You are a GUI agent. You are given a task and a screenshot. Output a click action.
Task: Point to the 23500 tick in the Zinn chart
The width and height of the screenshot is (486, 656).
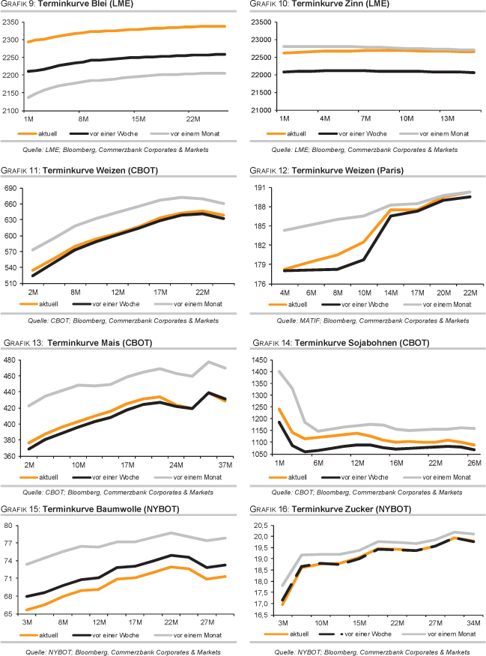click(259, 22)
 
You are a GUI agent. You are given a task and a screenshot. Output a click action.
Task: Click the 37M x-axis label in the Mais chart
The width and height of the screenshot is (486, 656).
click(223, 464)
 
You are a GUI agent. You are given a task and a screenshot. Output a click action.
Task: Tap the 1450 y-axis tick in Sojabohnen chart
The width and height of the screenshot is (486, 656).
click(260, 360)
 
